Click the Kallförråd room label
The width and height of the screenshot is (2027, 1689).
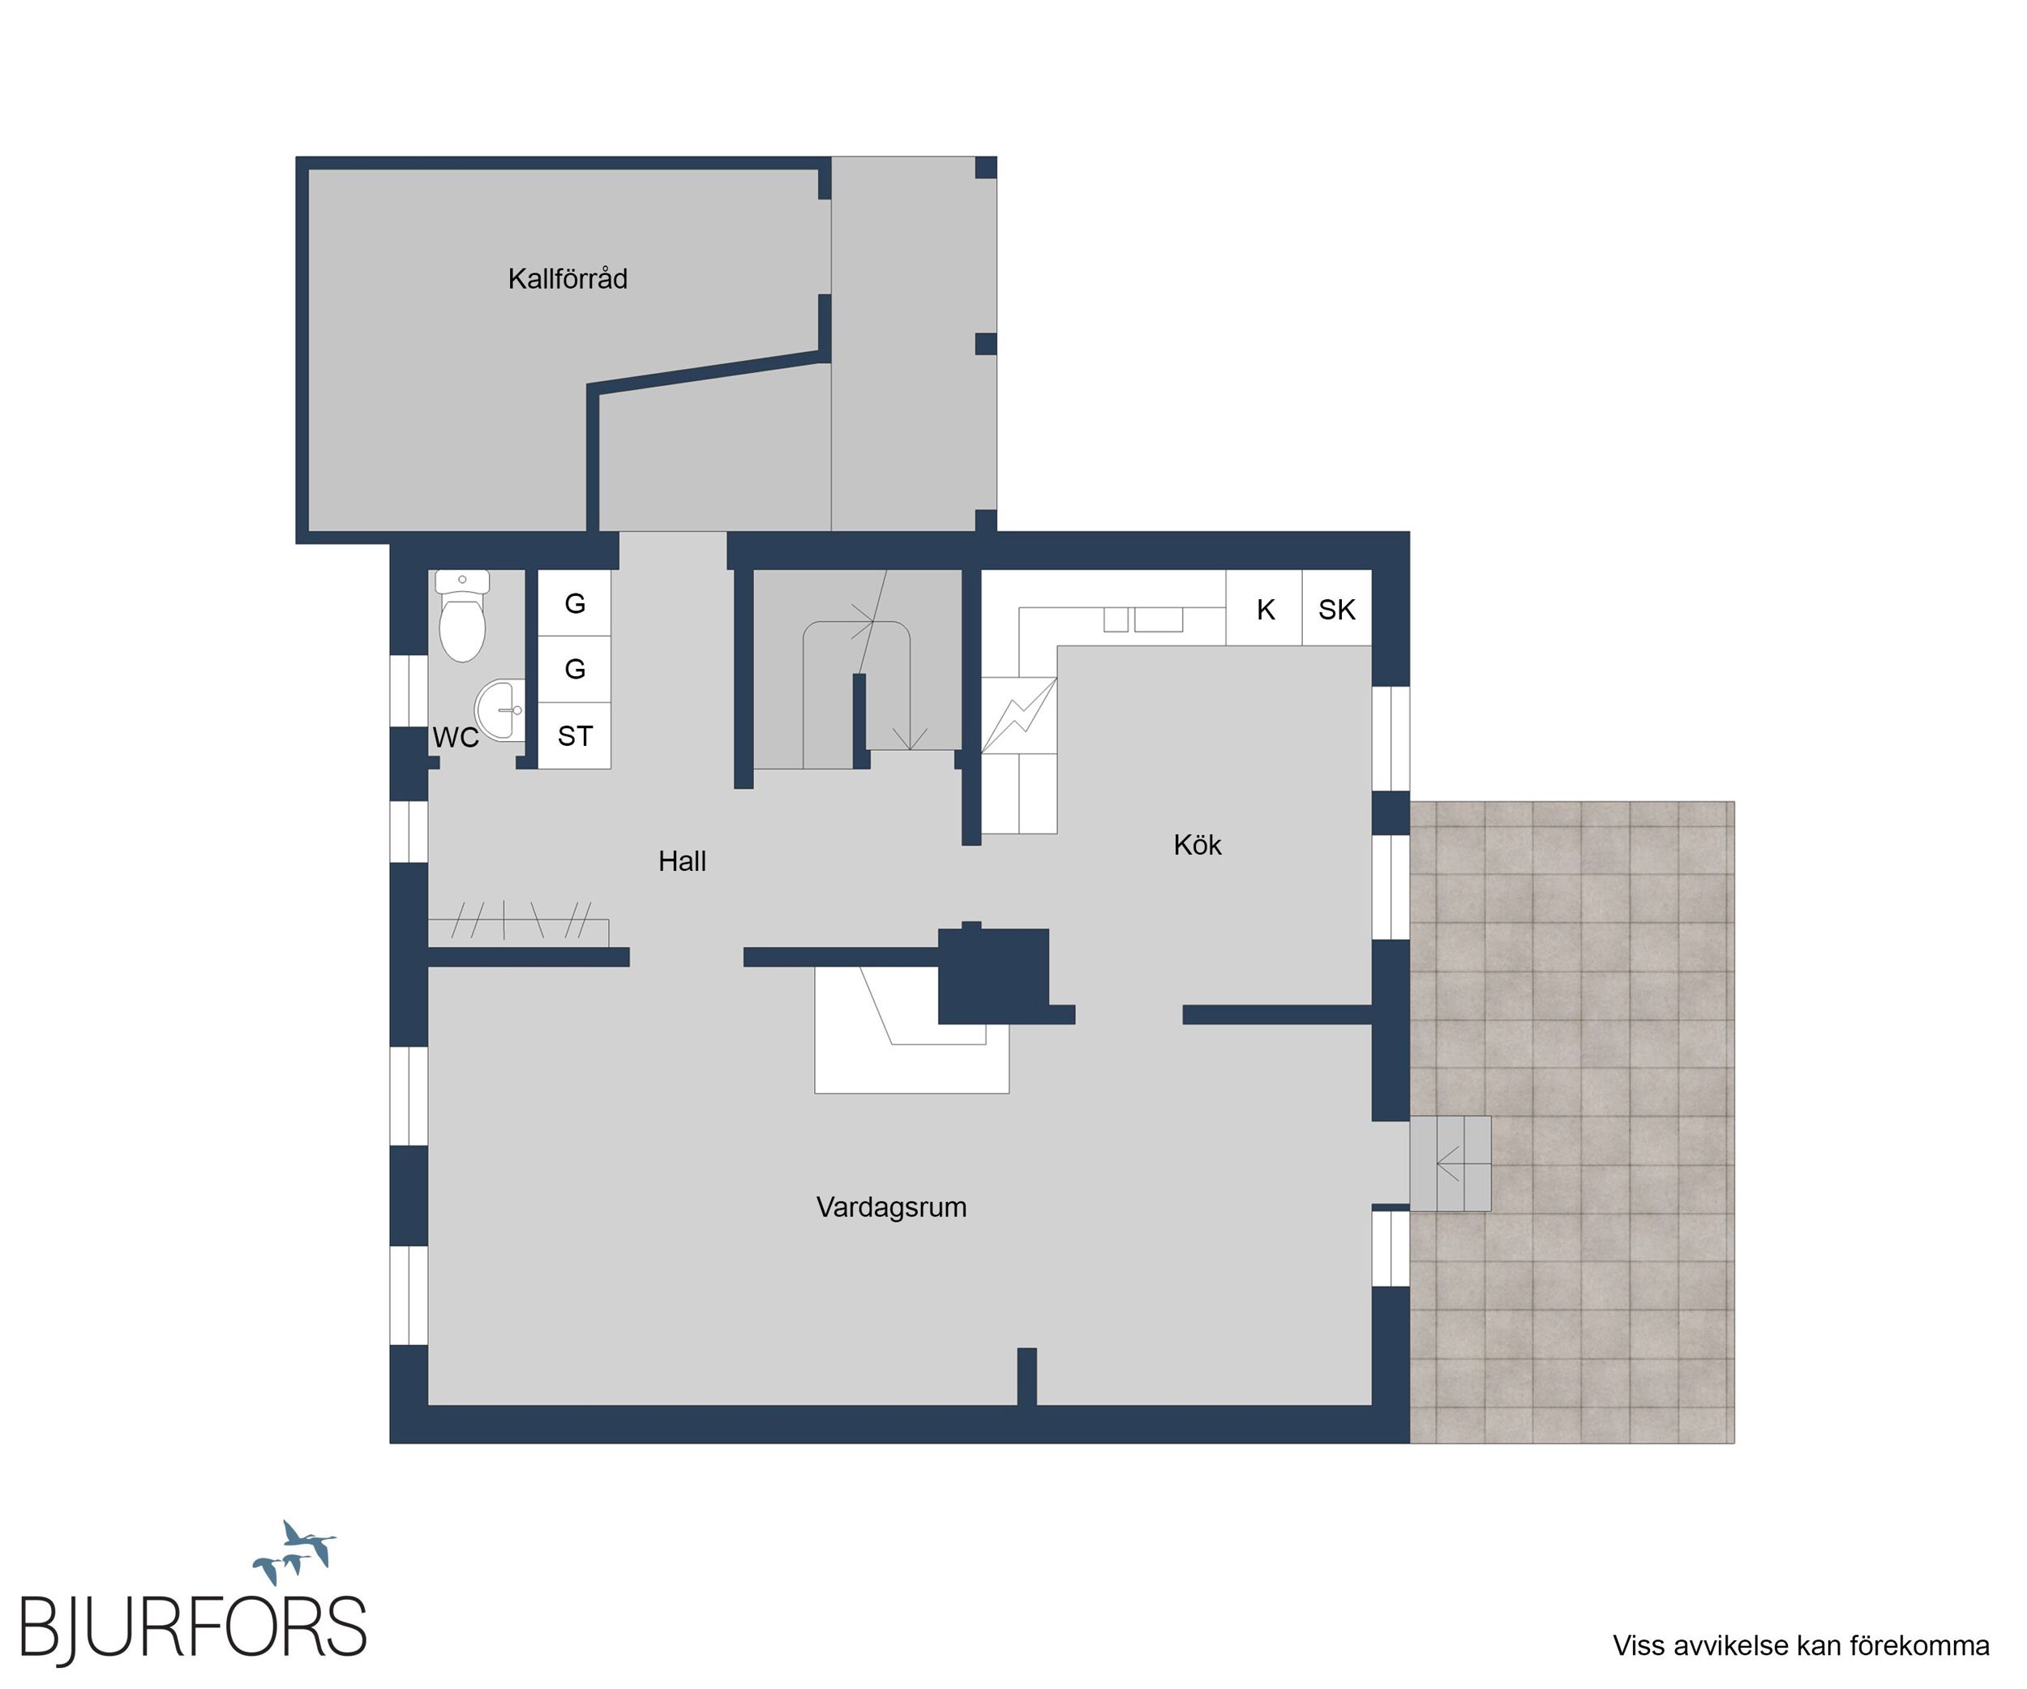tap(568, 279)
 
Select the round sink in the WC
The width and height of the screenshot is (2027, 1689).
tap(499, 710)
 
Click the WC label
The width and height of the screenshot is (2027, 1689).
tap(456, 737)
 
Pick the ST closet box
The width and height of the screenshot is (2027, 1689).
tap(574, 735)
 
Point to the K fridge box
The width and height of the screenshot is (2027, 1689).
tap(1265, 608)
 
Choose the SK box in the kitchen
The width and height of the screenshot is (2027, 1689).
tap(1337, 608)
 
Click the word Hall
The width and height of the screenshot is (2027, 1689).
tap(683, 861)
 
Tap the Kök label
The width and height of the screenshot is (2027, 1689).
tap(1198, 845)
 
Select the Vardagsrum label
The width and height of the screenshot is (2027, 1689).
tap(892, 1207)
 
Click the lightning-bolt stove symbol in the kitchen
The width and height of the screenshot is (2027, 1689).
tap(1019, 715)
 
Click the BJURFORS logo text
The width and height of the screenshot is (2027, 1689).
tap(193, 1629)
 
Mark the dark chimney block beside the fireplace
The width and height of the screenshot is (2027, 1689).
tap(994, 975)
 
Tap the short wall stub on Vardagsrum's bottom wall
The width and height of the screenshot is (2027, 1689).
tap(1027, 1376)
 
